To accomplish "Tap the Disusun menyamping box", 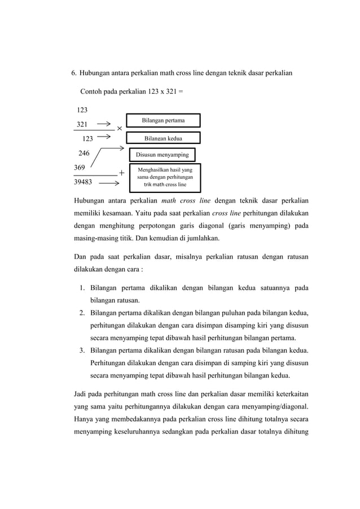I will click(163, 154).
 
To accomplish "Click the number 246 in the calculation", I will click(84, 152).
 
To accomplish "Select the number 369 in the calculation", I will click(81, 168).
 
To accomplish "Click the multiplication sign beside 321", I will click(120, 129).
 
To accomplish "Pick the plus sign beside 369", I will click(121, 173).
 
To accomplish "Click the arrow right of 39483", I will click(108, 183).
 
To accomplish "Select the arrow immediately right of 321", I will click(103, 122).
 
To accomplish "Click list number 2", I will click(82, 313).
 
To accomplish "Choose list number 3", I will click(82, 350).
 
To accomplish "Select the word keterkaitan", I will click(289, 393).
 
